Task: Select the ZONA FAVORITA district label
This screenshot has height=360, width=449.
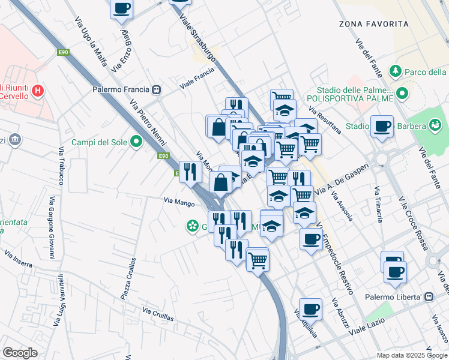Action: (370, 24)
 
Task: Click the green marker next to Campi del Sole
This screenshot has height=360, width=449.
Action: (136, 142)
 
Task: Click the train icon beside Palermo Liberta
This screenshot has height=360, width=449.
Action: (429, 297)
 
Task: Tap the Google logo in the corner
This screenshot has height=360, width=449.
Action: (20, 353)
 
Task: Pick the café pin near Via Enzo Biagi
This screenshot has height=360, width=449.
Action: (121, 8)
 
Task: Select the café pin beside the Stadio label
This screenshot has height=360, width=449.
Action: (382, 126)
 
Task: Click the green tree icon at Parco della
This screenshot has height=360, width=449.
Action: (396, 72)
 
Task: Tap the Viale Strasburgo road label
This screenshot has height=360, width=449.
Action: (198, 36)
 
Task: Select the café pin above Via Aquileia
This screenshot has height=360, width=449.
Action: (310, 309)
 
